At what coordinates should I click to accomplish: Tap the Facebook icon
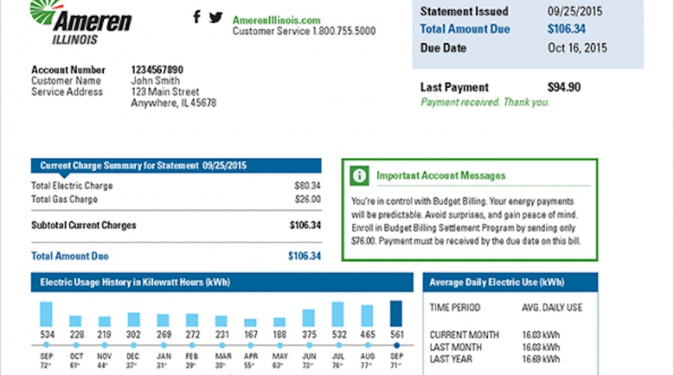pos(197,17)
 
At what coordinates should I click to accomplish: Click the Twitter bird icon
pos(216,17)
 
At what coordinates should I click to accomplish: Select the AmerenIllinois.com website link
pos(276,20)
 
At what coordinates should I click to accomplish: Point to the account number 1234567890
pos(157,69)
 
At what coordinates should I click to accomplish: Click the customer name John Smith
pos(156,81)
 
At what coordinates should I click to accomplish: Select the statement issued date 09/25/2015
pos(574,11)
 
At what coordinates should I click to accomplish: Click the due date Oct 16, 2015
pos(577,48)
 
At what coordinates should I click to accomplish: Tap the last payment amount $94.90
pos(564,87)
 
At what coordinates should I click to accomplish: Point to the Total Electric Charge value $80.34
pos(307,185)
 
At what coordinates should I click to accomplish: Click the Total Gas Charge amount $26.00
pos(307,199)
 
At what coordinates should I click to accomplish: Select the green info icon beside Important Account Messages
pos(360,175)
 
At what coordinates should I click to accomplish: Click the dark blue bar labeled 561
pos(396,314)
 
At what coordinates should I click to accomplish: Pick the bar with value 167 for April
pos(250,322)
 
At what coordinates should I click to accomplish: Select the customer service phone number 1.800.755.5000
pos(344,31)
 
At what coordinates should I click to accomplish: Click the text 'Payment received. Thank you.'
pos(485,103)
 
